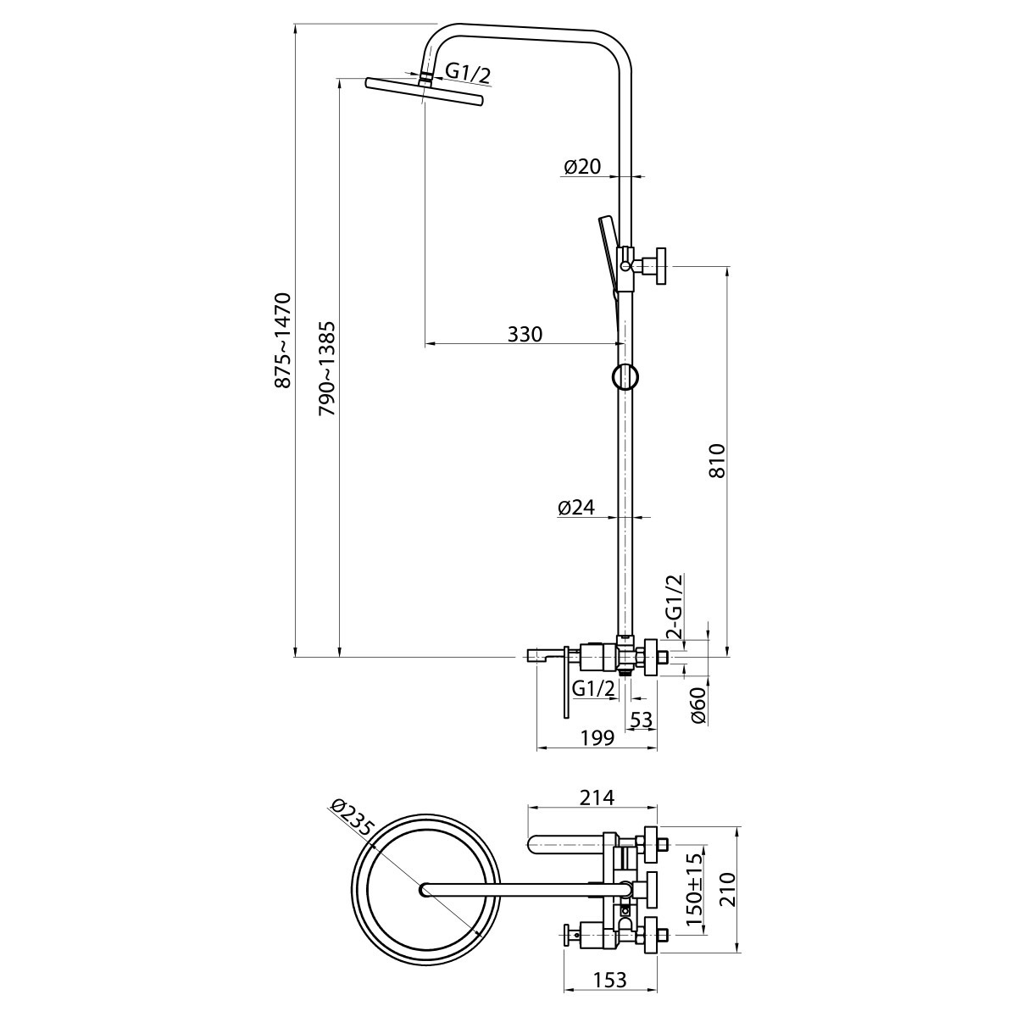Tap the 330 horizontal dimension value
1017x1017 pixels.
pos(525,334)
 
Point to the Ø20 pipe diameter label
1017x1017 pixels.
pos(582,166)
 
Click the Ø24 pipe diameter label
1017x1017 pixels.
pos(575,507)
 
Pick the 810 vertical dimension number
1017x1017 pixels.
pos(717,461)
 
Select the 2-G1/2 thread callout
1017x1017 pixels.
pos(675,607)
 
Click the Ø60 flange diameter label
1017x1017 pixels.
pos(697,706)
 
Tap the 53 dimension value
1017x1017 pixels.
pos(642,720)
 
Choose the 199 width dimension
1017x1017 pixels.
pos(597,738)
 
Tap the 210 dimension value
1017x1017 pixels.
pos(727,889)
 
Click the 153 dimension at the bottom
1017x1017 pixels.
pos(609,980)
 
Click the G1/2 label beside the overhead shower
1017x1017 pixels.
pos(468,73)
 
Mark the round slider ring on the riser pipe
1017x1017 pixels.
pos(625,377)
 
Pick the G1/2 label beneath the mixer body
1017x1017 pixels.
pos(594,689)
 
